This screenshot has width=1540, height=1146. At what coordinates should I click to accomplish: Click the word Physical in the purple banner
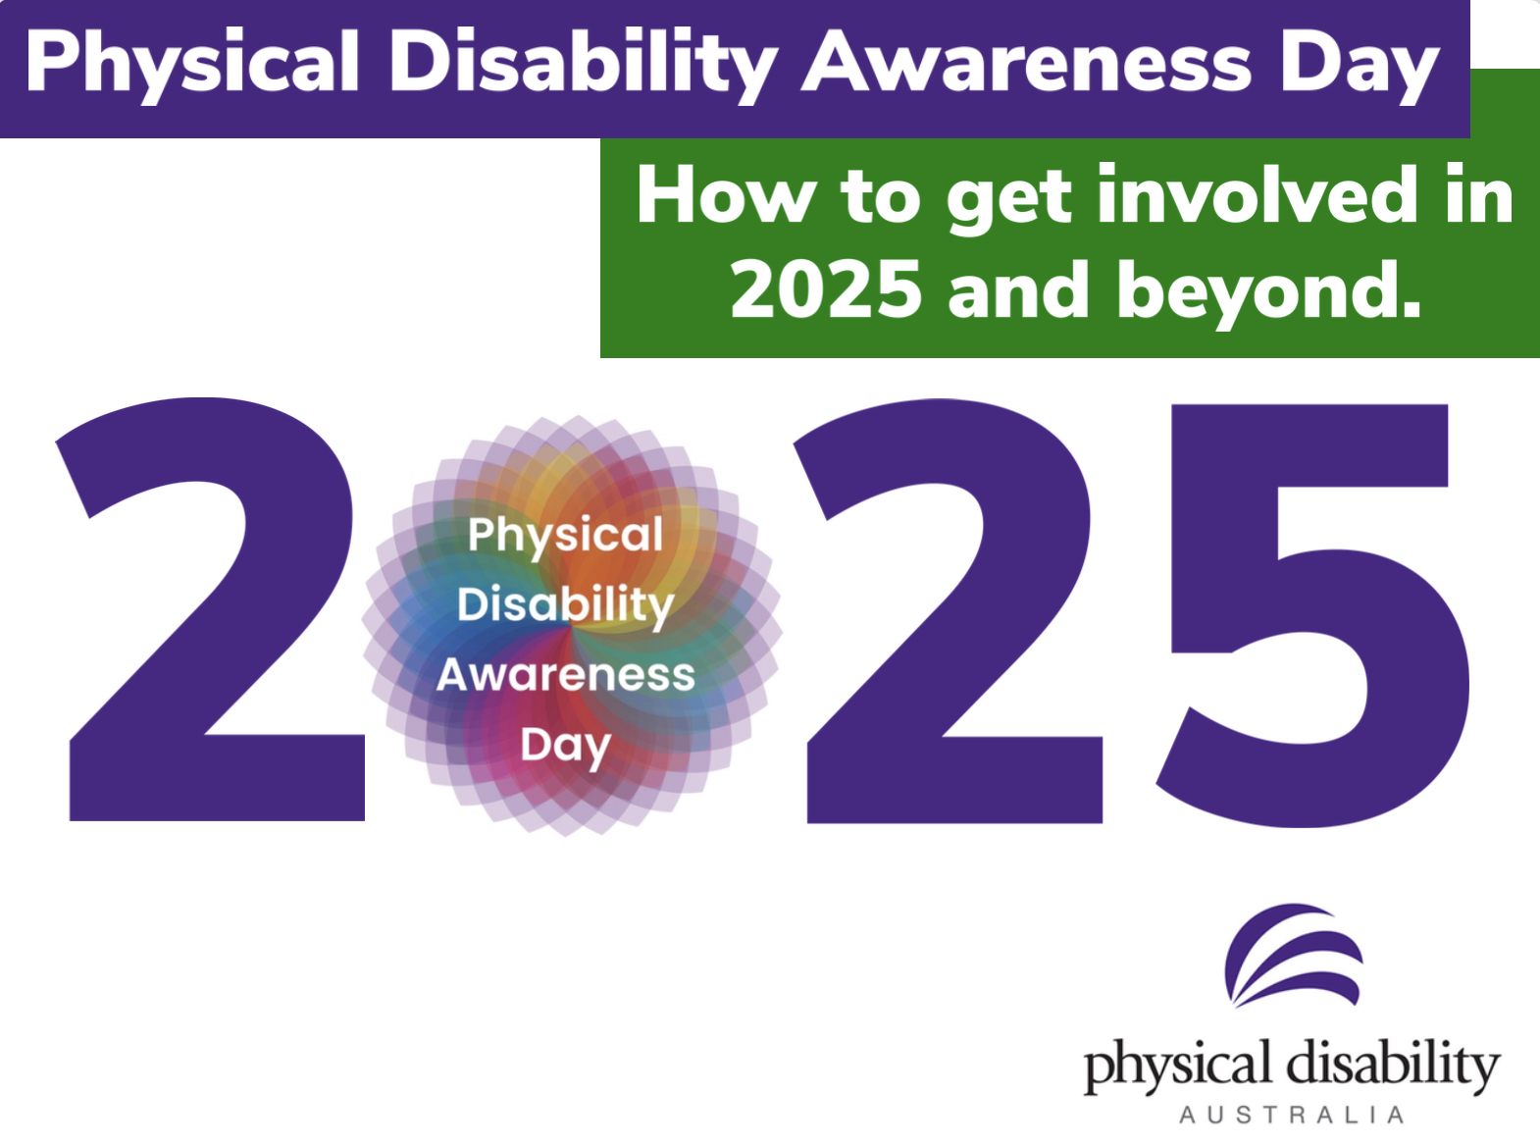[x=192, y=64]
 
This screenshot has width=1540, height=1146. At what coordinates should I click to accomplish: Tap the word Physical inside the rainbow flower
[x=566, y=536]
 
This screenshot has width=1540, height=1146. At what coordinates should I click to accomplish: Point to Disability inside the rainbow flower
[x=566, y=604]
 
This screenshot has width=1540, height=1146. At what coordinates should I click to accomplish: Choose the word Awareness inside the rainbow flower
[x=566, y=675]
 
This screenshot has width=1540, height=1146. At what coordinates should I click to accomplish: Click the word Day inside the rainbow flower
[x=566, y=746]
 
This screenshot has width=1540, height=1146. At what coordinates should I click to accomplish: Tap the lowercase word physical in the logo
[x=1177, y=1066]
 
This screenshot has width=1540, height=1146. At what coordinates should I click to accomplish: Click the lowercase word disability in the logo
[x=1393, y=1064]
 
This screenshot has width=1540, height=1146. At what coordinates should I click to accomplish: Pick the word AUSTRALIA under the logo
[x=1291, y=1116]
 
